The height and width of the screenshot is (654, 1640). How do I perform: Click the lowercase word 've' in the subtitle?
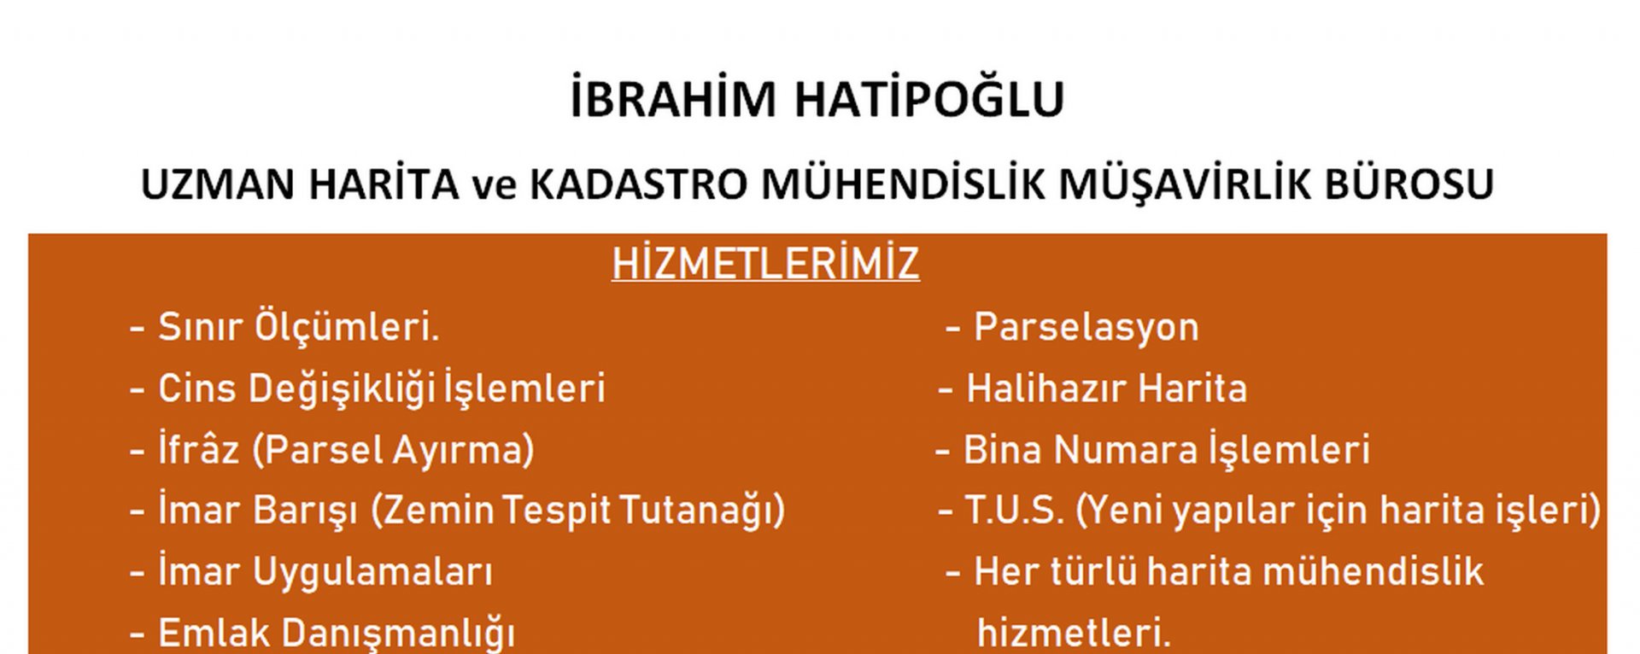[x=495, y=187]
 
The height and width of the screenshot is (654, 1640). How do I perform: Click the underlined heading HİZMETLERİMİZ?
[x=765, y=263]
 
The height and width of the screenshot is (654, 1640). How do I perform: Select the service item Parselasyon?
[x=1086, y=327]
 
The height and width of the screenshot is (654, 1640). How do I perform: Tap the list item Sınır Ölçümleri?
[x=299, y=327]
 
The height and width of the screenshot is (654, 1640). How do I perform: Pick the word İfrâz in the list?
[x=198, y=449]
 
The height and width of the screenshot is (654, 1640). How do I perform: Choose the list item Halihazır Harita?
[x=1107, y=388]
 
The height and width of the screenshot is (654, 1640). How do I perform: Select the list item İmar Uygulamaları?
[x=325, y=572]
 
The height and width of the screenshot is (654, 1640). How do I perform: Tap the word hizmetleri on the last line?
[x=1074, y=633]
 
